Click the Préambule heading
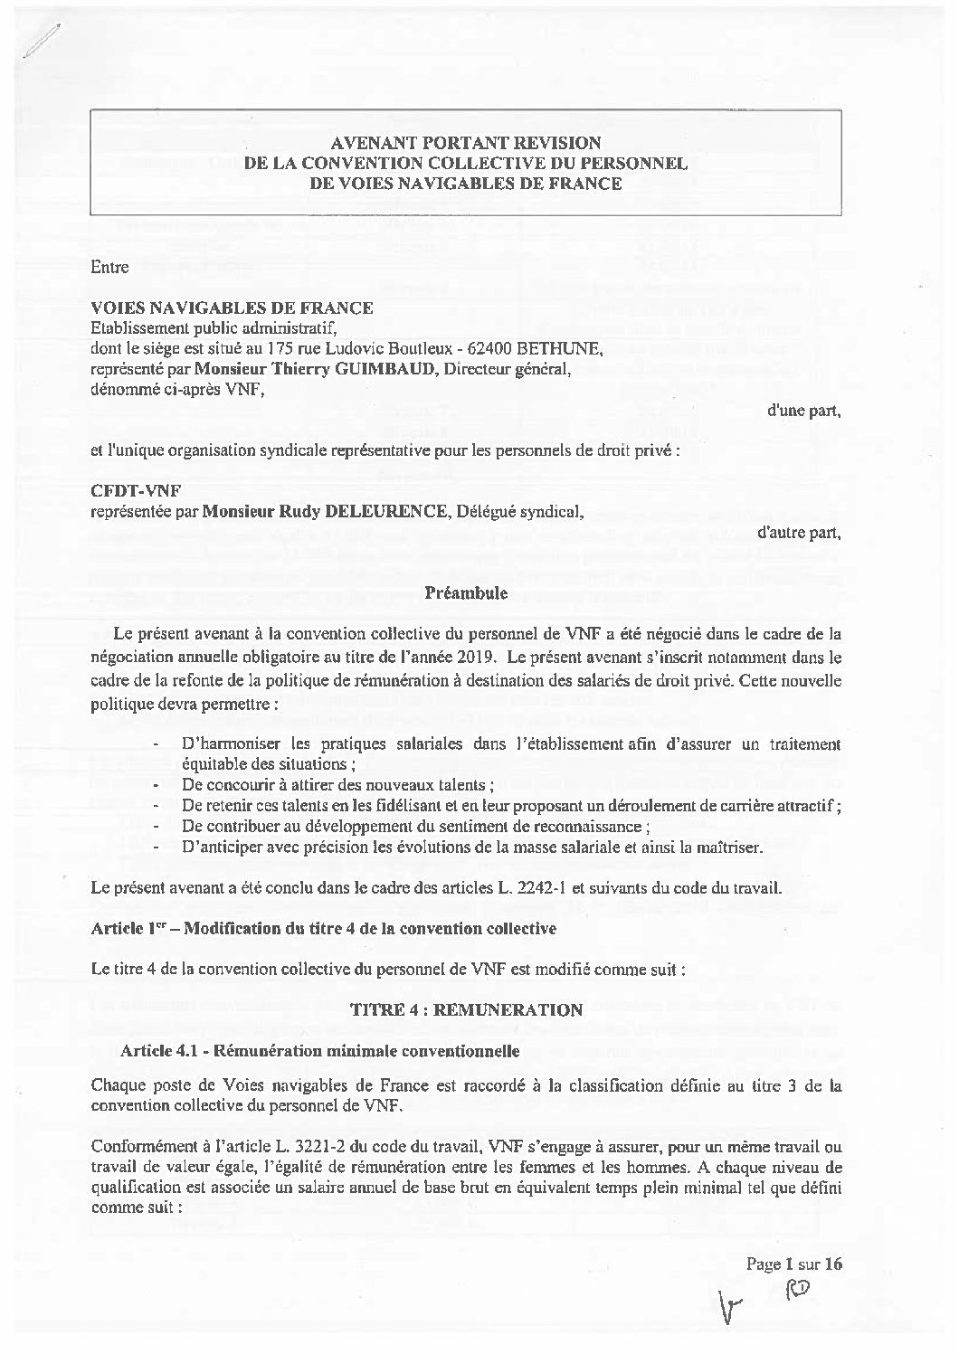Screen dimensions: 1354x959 point(466,593)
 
